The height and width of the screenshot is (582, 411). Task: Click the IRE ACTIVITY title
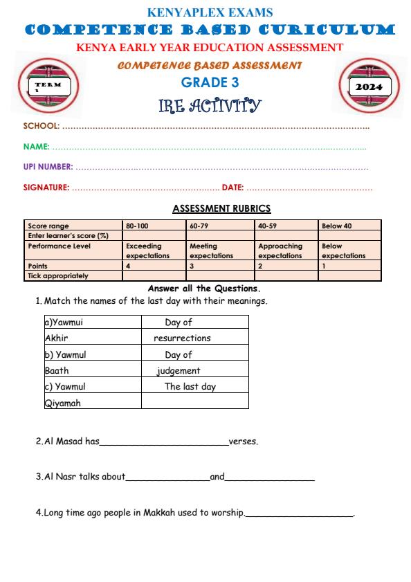(x=210, y=105)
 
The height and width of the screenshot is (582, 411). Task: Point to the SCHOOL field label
(x=42, y=126)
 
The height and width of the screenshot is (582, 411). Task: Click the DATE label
(x=232, y=188)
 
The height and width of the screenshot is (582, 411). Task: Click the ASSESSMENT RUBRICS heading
(x=221, y=208)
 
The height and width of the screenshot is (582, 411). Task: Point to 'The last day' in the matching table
(x=190, y=387)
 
